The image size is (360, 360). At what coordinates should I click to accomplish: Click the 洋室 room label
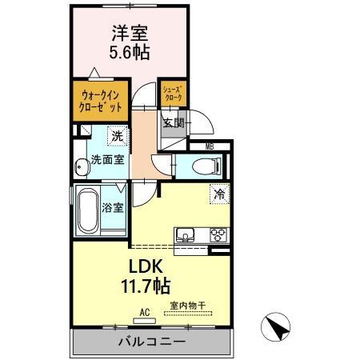(x=130, y=33)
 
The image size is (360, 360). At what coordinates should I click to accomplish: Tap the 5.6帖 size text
(x=130, y=52)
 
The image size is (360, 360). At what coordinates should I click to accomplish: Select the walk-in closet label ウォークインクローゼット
(x=101, y=101)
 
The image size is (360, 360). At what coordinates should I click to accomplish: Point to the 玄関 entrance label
(x=174, y=123)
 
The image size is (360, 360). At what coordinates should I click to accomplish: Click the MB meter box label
(x=210, y=146)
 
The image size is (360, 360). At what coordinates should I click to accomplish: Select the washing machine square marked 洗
(x=118, y=136)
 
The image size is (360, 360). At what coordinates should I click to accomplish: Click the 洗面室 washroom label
(x=108, y=159)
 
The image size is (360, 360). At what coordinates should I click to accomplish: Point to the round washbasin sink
(x=82, y=167)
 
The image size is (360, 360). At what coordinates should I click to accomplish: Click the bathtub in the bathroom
(x=88, y=210)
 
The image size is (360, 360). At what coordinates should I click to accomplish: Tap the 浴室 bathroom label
(x=113, y=207)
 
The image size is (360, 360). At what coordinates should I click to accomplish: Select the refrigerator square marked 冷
(x=220, y=194)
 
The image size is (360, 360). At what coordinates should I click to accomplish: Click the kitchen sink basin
(x=185, y=234)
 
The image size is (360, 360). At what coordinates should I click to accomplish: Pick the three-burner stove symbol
(x=218, y=234)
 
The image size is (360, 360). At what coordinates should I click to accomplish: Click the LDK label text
(x=146, y=266)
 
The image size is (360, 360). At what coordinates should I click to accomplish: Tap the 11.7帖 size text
(x=146, y=286)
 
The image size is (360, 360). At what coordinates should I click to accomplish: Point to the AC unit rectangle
(x=144, y=321)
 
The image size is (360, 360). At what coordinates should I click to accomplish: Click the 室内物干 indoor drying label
(x=188, y=306)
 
